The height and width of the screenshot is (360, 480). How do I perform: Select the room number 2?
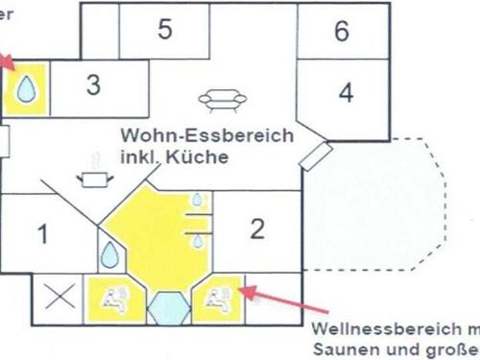tap(256, 228)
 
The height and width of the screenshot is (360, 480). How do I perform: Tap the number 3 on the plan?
tap(93, 84)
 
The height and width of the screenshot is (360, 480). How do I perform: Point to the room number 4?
tap(346, 94)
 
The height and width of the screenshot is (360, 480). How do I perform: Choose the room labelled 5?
tap(165, 29)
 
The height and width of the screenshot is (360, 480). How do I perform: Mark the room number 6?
tap(342, 31)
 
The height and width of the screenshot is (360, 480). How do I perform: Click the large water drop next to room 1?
tap(111, 254)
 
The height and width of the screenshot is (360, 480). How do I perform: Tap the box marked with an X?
tap(60, 297)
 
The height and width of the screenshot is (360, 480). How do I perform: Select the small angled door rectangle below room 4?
tap(318, 154)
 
